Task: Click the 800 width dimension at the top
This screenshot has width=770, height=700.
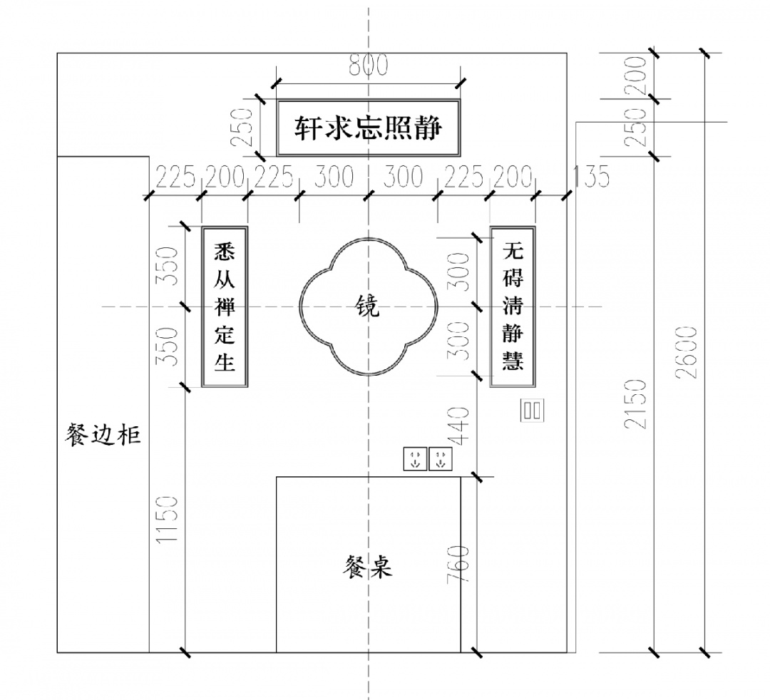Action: (x=368, y=66)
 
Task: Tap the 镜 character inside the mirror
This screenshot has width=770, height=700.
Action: (x=368, y=307)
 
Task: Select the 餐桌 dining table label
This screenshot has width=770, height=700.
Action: (x=367, y=568)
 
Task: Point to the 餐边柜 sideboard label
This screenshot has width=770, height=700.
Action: (x=103, y=434)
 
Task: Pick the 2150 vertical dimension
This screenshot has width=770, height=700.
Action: (x=636, y=403)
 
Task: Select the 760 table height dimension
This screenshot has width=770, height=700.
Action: (x=461, y=565)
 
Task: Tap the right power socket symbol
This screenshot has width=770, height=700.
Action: (x=441, y=458)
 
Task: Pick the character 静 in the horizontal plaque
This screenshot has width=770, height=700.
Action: (x=429, y=128)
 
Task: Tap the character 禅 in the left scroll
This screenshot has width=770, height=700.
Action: (x=225, y=307)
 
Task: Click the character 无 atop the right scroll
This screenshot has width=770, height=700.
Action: (x=513, y=251)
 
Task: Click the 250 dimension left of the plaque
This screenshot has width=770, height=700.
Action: (x=245, y=127)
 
